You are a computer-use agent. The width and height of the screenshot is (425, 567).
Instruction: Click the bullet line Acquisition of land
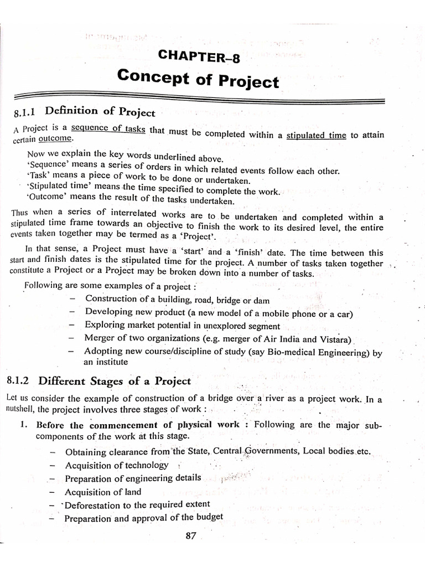coord(103,492)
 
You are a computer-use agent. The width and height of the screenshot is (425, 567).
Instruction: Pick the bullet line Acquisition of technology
coord(116,465)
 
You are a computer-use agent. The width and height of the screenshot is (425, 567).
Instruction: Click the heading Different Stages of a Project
coord(115,381)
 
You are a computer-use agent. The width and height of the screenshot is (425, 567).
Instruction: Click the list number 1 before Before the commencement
coord(23,425)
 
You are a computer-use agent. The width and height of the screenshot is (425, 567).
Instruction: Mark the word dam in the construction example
coord(261,300)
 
